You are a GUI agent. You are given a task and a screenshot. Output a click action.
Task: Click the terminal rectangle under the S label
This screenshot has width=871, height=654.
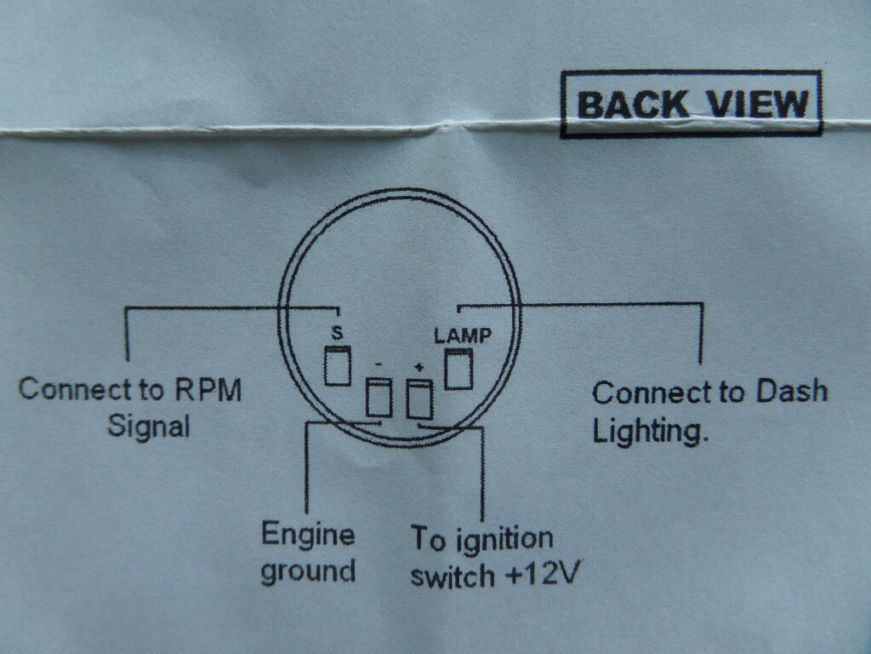tap(338, 365)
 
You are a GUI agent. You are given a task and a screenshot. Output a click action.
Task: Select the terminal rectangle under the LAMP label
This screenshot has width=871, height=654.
tap(458, 369)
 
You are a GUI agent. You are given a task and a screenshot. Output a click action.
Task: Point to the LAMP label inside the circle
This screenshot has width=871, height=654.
tap(462, 336)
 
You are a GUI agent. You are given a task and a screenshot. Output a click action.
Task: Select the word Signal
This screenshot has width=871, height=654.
tap(149, 425)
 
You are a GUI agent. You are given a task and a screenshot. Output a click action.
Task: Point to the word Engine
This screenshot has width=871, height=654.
tap(307, 535)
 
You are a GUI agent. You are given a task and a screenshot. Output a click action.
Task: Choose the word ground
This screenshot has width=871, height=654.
tap(308, 571)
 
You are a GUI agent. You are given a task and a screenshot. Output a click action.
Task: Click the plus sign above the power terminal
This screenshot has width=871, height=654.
tap(418, 367)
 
